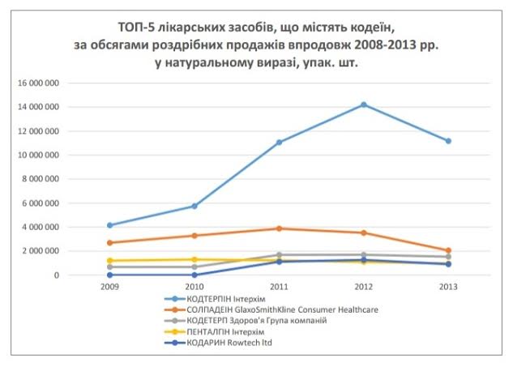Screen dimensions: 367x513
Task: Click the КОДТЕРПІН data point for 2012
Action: (x=364, y=105)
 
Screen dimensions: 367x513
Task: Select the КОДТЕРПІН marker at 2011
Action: (x=279, y=142)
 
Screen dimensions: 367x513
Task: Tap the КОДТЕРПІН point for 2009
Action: (x=109, y=225)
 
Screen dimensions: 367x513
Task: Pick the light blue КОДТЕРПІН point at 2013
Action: (x=448, y=141)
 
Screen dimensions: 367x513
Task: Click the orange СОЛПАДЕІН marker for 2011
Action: (x=279, y=228)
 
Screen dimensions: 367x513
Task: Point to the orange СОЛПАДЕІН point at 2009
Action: (x=109, y=242)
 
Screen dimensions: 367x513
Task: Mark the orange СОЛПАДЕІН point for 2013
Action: (x=448, y=250)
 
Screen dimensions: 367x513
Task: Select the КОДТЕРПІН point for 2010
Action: (x=195, y=206)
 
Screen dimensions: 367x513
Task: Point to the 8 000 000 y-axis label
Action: (x=38, y=179)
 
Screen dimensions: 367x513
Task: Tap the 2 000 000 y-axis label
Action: (x=38, y=251)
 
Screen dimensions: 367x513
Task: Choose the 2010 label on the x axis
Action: (x=195, y=286)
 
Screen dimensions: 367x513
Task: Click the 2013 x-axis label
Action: (x=448, y=286)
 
